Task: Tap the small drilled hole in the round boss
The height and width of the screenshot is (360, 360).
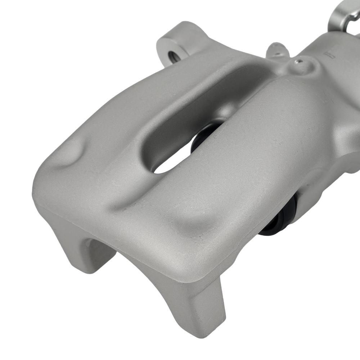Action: [x=297, y=62]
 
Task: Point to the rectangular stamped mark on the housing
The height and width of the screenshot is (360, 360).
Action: [x=329, y=55]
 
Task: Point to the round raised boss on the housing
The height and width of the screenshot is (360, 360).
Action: [x=302, y=67]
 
